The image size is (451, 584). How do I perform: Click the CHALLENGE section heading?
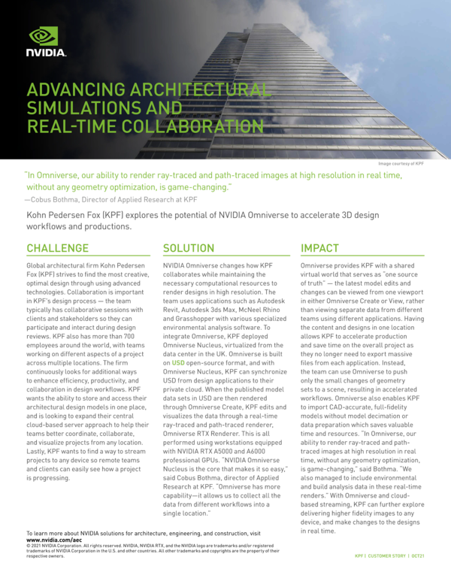[x=58, y=248]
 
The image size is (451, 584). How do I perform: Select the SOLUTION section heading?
[x=189, y=248]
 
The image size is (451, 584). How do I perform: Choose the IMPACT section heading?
[x=319, y=248]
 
